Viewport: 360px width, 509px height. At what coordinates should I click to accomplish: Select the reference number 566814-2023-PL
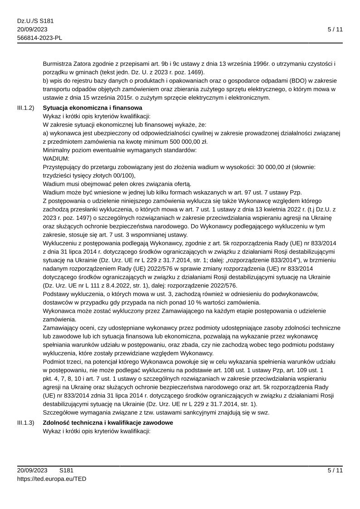point(39,38)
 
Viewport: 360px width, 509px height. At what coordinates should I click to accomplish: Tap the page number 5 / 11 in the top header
point(335,29)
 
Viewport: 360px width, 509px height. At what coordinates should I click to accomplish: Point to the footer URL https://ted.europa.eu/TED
point(52,479)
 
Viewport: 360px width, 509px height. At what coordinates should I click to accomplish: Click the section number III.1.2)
point(26,108)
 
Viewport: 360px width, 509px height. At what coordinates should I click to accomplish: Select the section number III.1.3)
point(26,422)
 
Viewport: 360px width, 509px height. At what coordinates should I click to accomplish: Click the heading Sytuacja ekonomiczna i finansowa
point(92,108)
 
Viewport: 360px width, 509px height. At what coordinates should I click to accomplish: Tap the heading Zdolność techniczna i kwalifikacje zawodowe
point(107,422)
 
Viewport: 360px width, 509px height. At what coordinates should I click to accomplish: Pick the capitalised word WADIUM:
point(56,159)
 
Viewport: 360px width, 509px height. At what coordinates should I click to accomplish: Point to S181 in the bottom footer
point(66,470)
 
